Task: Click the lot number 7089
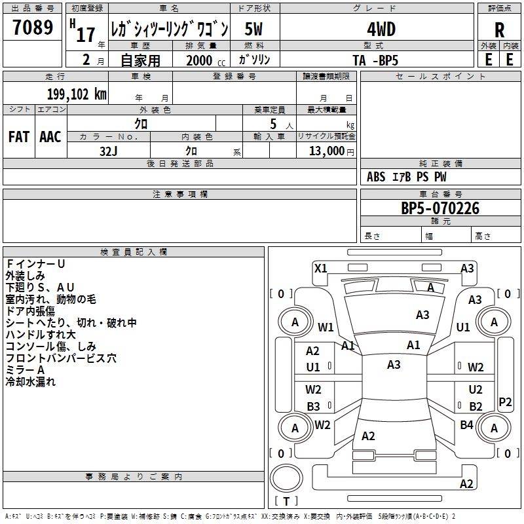click(x=33, y=27)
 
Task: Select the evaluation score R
click(x=499, y=30)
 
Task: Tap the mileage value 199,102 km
click(x=77, y=94)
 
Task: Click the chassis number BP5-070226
click(x=440, y=208)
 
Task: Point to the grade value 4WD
click(x=381, y=29)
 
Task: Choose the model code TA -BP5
click(x=375, y=60)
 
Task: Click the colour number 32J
click(x=109, y=151)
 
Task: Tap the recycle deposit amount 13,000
click(x=326, y=151)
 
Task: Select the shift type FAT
click(x=19, y=137)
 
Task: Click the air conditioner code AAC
click(x=50, y=137)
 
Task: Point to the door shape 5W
click(x=253, y=29)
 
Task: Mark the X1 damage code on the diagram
click(x=321, y=268)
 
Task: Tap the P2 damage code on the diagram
click(x=505, y=402)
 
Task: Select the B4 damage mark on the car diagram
click(x=466, y=424)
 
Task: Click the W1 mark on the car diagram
click(x=326, y=327)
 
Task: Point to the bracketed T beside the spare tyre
click(x=286, y=501)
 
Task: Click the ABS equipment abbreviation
click(x=376, y=177)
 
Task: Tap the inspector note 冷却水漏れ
click(x=30, y=382)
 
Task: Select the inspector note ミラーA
click(x=25, y=370)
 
